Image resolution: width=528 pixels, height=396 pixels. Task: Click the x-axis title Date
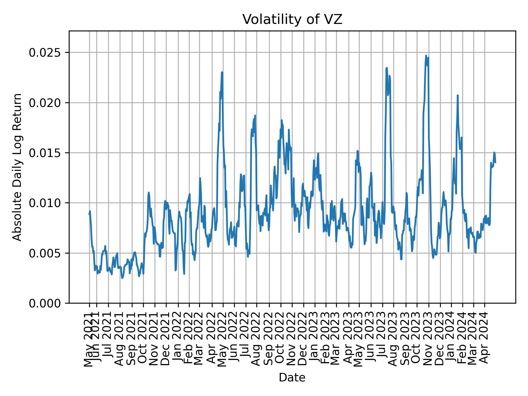pos(292,378)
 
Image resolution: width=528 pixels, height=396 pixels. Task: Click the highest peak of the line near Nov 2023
pos(426,56)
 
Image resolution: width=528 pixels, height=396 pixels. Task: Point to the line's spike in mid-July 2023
pos(386,68)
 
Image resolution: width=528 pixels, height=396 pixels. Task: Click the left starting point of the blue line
pos(89,214)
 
